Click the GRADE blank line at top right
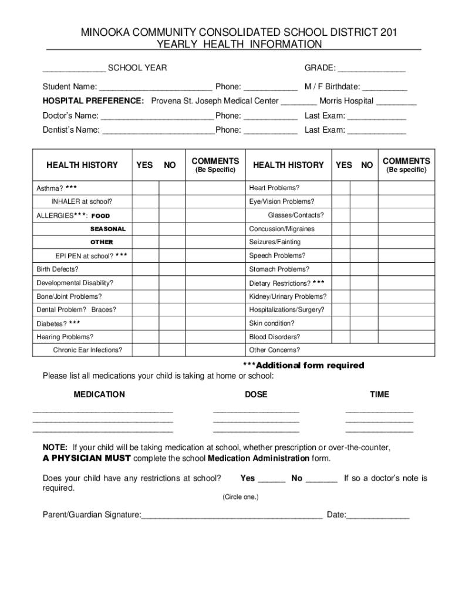coord(371,69)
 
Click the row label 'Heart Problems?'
coord(274,188)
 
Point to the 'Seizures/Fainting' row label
coord(275,242)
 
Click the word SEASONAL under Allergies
coord(107,229)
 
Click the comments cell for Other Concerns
coord(406,350)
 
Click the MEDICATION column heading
coord(99,394)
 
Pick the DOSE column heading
coord(256,394)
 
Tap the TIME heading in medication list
coord(379,394)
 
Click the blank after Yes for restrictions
coord(271,479)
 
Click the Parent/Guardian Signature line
coord(232,516)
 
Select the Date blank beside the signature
coord(379,516)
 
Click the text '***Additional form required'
coord(303,366)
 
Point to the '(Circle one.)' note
coord(240,497)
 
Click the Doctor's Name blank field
coord(157,116)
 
